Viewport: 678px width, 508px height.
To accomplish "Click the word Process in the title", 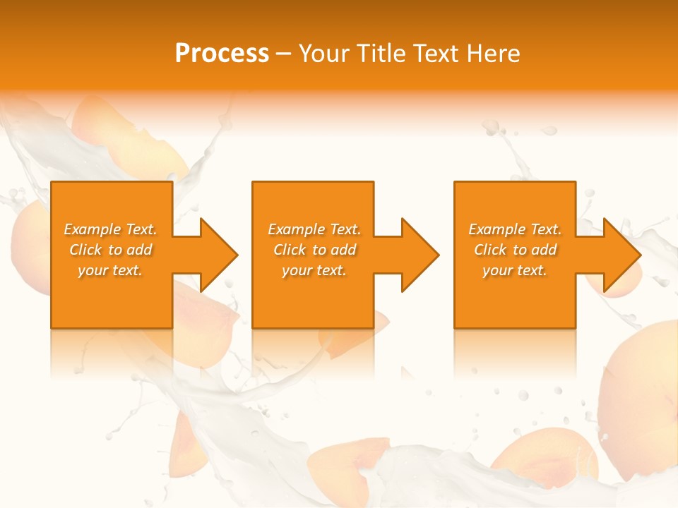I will pyautogui.click(x=222, y=54).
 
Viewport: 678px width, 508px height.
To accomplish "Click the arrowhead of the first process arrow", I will pyautogui.click(x=219, y=255).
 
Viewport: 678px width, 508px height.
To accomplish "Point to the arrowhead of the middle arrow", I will pyautogui.click(x=420, y=255).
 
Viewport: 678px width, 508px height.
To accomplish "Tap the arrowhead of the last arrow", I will pyautogui.click(x=621, y=255).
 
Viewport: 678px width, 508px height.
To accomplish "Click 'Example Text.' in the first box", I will pyautogui.click(x=110, y=229).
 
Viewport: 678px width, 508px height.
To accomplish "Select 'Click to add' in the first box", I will pyautogui.click(x=110, y=250).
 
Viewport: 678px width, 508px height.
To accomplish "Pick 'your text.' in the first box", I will pyautogui.click(x=110, y=270).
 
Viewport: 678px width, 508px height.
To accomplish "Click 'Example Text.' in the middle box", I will pyautogui.click(x=314, y=229).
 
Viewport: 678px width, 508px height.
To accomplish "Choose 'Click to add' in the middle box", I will pyautogui.click(x=314, y=250).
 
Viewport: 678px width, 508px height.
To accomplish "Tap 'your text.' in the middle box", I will pyautogui.click(x=314, y=270).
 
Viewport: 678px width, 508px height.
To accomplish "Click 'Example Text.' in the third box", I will pyautogui.click(x=515, y=229).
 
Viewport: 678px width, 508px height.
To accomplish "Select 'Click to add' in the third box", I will pyautogui.click(x=515, y=250).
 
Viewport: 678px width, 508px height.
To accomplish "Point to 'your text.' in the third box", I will pyautogui.click(x=515, y=270).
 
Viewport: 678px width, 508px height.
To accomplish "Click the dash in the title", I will pyautogui.click(x=284, y=54).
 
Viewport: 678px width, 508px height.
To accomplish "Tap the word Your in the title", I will pyautogui.click(x=323, y=54).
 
